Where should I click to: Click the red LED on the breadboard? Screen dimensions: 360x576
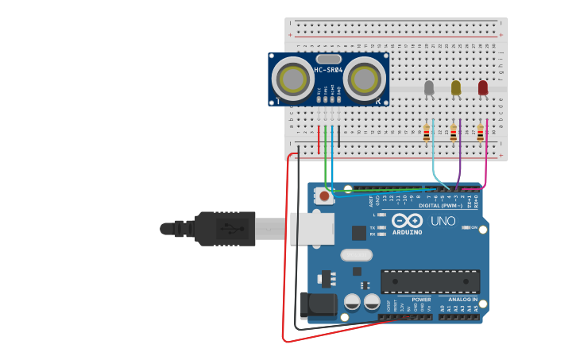[x=483, y=87]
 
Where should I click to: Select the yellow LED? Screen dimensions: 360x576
[x=456, y=87]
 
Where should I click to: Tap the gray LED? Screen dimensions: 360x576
[x=429, y=87]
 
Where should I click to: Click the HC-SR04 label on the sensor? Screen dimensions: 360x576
[x=328, y=70]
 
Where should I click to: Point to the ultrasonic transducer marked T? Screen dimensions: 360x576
[x=292, y=79]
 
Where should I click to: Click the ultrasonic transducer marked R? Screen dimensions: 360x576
[x=365, y=79]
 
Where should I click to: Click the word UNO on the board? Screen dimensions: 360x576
[x=443, y=221]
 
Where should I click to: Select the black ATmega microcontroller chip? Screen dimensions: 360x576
[x=430, y=281]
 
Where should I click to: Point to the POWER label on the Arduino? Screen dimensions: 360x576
[x=421, y=300]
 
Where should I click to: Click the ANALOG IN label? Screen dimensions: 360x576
[x=460, y=300]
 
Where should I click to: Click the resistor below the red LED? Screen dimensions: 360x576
[x=481, y=133]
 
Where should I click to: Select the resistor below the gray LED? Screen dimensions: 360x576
[x=427, y=133]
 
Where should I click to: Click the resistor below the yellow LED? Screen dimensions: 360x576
[x=454, y=133]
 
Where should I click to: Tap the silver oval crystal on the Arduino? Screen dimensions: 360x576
[x=356, y=255]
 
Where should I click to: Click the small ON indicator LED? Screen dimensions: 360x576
[x=466, y=227]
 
